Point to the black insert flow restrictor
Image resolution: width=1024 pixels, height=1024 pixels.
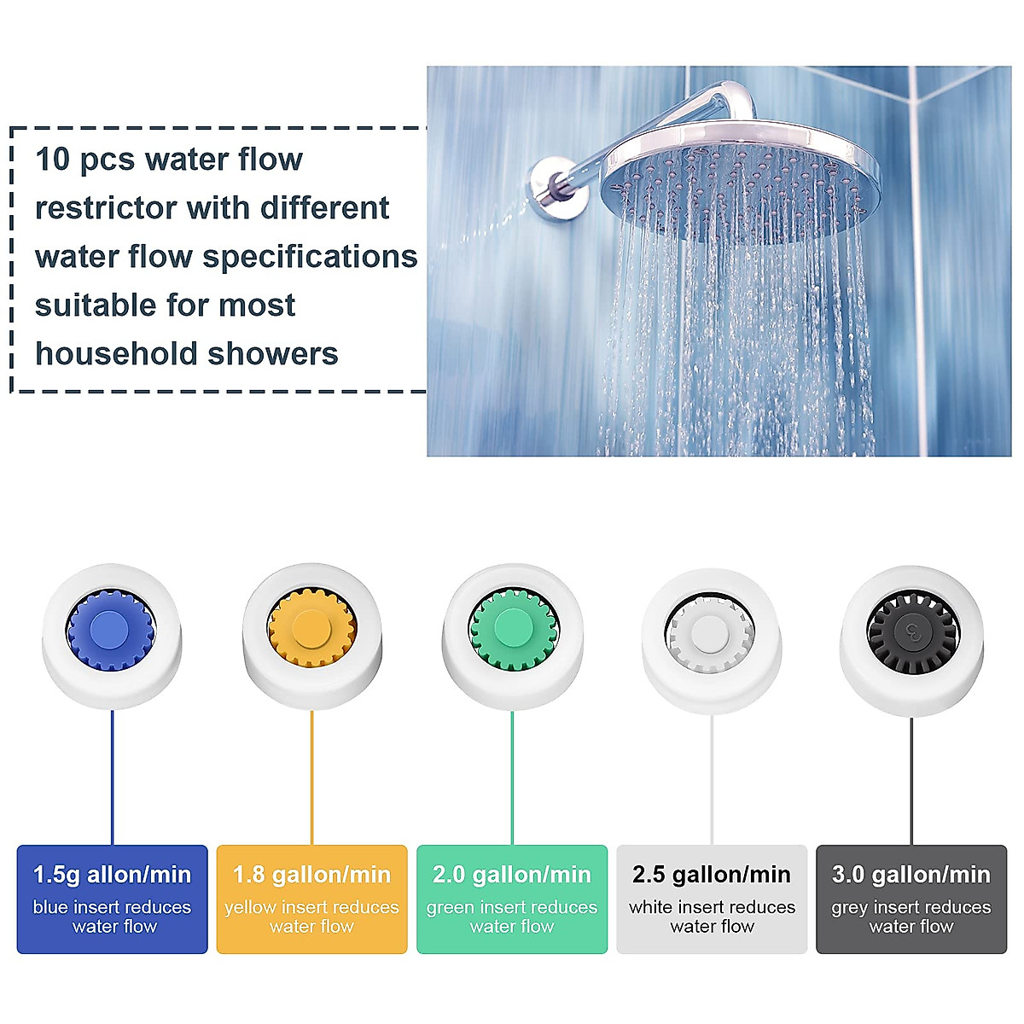coord(912,634)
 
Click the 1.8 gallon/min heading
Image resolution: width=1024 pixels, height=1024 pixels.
coord(311,875)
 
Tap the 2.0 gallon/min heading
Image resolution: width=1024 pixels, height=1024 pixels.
coord(512,875)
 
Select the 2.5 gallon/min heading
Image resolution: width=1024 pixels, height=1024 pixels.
coord(712,875)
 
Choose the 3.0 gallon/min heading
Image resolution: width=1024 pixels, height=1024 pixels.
coord(911,875)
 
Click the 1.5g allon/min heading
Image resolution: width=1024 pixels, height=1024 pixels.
coord(112,875)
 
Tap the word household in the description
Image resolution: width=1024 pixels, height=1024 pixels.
coord(113,353)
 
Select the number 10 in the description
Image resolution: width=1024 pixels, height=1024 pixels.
coord(53,160)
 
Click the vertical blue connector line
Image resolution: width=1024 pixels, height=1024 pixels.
coord(112,777)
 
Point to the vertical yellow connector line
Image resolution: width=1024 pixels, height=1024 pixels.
coord(311,777)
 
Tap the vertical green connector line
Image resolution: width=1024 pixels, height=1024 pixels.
coord(512,777)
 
